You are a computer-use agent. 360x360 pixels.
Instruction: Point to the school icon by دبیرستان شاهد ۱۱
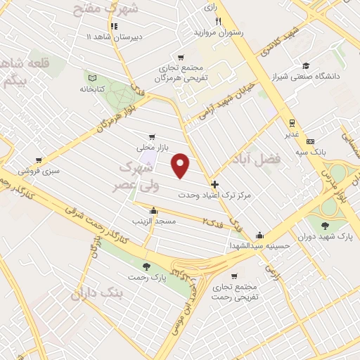pos(114,26)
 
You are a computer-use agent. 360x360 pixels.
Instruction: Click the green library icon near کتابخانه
pos(90,77)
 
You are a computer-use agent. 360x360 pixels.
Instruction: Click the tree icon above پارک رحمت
pos(146,266)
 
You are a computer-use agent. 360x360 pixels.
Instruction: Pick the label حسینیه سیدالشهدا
pos(260,247)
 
